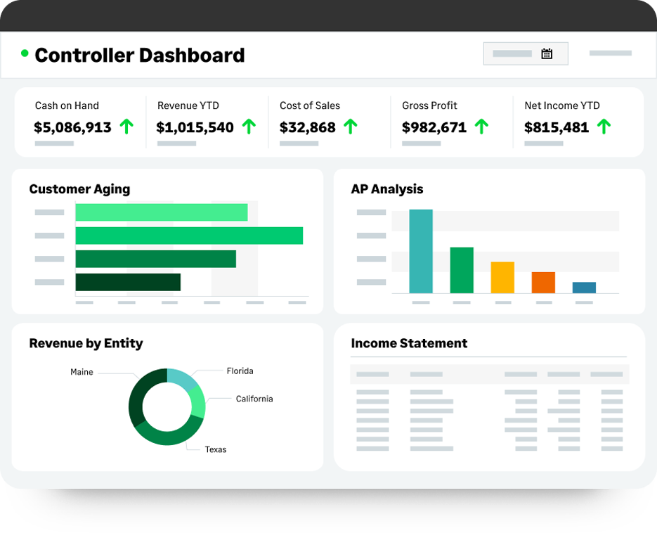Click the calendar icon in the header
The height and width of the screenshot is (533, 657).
pos(547,53)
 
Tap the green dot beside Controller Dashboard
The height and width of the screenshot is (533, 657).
pos(25,53)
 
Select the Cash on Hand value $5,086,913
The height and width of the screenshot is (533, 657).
pos(72,127)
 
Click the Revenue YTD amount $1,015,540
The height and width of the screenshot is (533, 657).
pos(195,127)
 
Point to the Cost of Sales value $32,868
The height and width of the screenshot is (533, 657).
pos(307,127)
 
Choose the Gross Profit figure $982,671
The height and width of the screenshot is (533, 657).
pos(434,127)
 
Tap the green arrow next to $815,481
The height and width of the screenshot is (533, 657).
pos(604,127)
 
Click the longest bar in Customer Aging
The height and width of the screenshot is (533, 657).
pos(189,236)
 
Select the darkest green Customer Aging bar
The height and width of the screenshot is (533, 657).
pos(128,282)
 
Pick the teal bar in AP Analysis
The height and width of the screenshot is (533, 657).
pos(421,251)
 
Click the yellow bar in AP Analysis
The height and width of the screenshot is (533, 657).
pos(502,277)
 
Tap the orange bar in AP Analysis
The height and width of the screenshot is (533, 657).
pos(543,283)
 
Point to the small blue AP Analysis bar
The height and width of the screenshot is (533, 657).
pos(584,288)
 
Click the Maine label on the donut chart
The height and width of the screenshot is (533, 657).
pos(82,372)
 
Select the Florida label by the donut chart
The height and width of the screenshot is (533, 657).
pos(240,371)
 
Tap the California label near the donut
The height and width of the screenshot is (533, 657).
pos(254,399)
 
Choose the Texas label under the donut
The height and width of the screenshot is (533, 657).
pos(216,449)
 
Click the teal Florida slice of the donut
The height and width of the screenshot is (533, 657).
pos(182,378)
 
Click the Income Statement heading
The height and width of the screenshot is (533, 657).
pos(409,343)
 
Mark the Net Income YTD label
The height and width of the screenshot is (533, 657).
pos(562,105)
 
